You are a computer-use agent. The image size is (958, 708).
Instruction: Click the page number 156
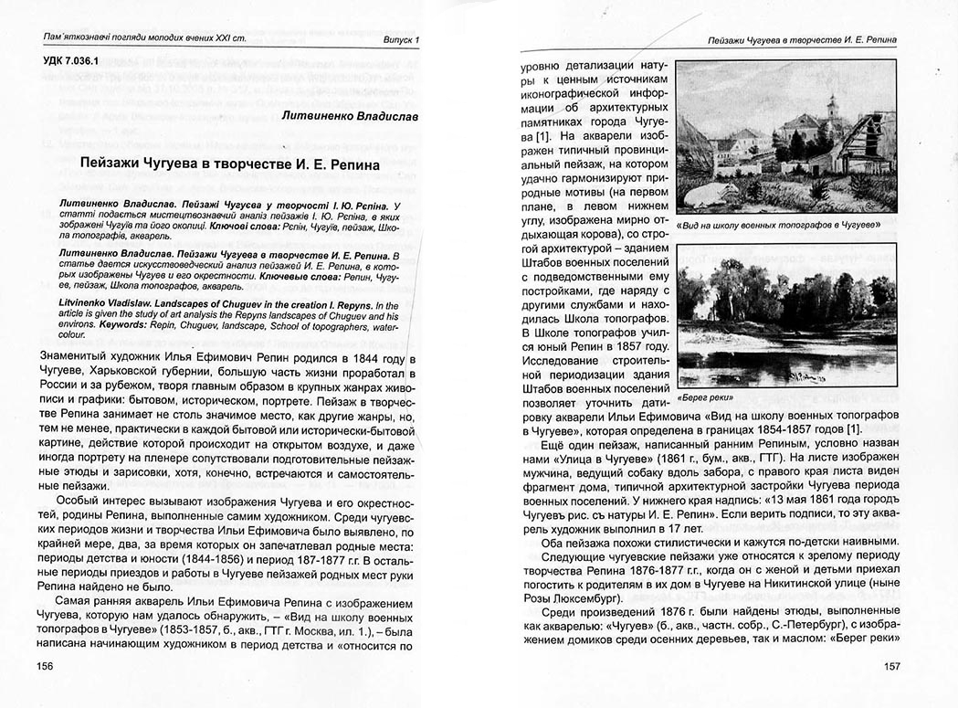(x=43, y=665)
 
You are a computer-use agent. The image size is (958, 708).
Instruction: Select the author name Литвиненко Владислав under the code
(x=352, y=118)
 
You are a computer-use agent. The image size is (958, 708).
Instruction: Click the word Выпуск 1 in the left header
(x=400, y=41)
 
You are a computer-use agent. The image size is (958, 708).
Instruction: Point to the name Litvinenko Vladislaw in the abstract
(x=111, y=304)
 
